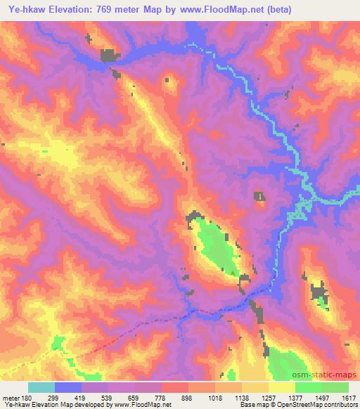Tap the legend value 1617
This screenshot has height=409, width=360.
coord(348,397)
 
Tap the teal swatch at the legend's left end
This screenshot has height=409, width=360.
coord(41,387)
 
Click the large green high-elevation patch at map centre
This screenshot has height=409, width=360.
coord(214,242)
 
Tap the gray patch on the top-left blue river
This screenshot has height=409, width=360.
coord(109,56)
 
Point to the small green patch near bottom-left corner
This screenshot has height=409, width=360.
coord(58,342)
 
